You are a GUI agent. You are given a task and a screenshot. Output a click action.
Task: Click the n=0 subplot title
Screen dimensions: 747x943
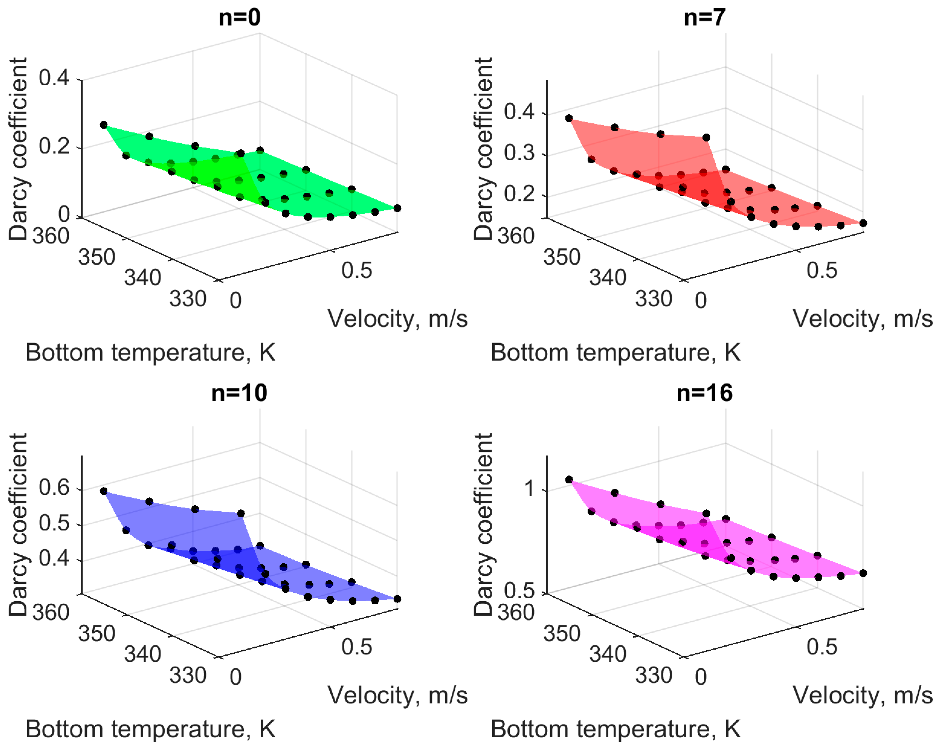pos(239,18)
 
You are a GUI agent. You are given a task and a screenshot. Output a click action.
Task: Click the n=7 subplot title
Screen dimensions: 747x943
pos(705,18)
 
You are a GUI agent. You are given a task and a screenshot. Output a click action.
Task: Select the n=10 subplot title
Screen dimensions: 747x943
pos(239,393)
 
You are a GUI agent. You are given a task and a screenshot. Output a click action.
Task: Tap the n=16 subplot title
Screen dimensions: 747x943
pos(705,393)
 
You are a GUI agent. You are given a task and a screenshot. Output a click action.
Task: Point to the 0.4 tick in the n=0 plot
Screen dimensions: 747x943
pos(54,78)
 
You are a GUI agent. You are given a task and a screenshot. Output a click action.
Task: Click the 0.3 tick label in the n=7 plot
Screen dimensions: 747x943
pos(519,153)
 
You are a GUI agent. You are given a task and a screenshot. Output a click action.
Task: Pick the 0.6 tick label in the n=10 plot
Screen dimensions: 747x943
pos(54,487)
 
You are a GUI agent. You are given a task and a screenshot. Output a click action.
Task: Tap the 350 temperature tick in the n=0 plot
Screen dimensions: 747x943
pos(97,257)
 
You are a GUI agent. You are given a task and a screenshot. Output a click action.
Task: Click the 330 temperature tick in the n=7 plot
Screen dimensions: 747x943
pos(653,299)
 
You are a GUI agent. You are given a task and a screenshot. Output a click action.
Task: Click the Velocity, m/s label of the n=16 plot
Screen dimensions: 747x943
pos(863,695)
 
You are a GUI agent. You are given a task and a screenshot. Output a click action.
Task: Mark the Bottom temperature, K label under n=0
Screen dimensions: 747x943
pos(150,353)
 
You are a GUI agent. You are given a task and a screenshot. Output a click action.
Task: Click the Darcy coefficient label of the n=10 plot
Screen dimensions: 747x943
pos(18,524)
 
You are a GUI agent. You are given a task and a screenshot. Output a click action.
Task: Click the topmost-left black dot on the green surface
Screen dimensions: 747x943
pos(104,125)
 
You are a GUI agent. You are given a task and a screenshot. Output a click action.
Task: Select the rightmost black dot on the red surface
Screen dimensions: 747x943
pos(863,223)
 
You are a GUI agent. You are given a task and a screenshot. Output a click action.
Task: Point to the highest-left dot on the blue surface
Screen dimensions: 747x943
pos(104,491)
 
